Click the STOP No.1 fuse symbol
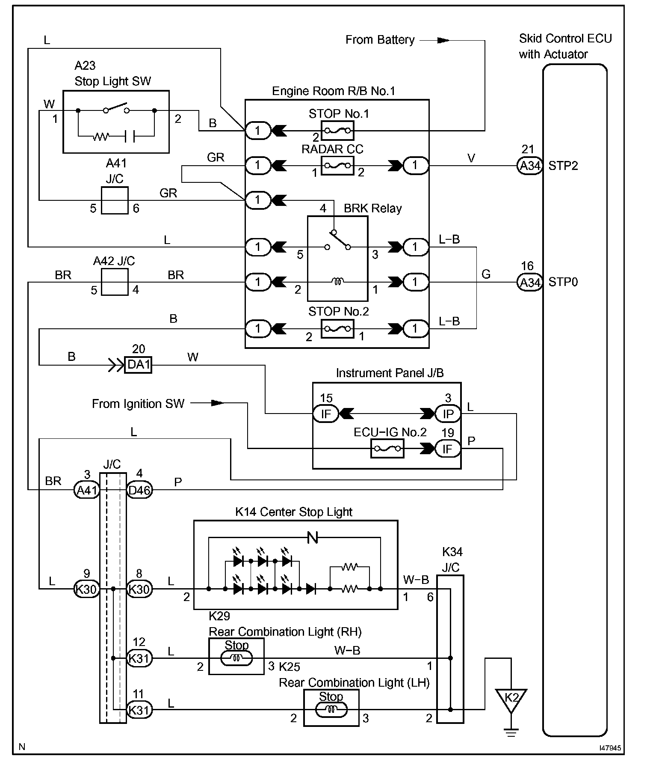tap(337, 130)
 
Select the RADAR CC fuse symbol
tap(337, 165)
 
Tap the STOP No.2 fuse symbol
tap(337, 329)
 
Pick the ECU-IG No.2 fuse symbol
tap(387, 449)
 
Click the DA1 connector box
tap(138, 365)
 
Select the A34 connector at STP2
tap(530, 165)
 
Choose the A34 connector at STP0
tap(530, 282)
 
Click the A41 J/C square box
tap(115, 200)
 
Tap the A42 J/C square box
tap(115, 282)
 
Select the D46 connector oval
tap(139, 490)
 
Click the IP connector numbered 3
tap(448, 414)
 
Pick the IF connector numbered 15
tap(326, 414)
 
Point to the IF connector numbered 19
tap(448, 449)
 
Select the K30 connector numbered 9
tap(86, 589)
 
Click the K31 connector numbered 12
tap(139, 658)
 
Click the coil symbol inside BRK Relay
tap(338, 282)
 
